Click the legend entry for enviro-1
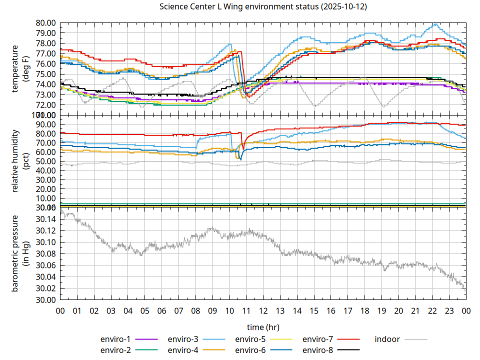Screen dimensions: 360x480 (115, 339)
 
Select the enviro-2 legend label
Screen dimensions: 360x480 (115, 350)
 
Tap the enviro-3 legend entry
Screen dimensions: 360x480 (183, 339)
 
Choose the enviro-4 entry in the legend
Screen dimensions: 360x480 (183, 350)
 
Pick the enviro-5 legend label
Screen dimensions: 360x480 (250, 339)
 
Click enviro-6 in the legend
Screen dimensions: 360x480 (250, 350)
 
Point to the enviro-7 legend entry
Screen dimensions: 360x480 (318, 339)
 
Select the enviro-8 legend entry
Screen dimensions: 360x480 (318, 350)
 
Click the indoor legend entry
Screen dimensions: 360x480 (387, 339)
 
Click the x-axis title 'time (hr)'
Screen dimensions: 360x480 (263, 327)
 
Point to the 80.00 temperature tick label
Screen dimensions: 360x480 (45, 23)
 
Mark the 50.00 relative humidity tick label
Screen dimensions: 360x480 (45, 161)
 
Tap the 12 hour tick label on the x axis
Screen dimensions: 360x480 (263, 311)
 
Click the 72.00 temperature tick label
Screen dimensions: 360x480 (45, 105)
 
